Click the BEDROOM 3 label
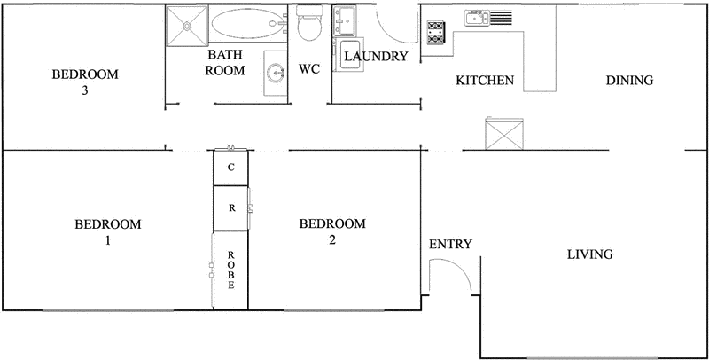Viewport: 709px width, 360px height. click(x=85, y=82)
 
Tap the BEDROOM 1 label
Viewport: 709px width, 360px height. click(x=107, y=231)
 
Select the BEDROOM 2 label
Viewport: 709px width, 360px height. click(x=332, y=231)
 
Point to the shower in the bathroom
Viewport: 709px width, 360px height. click(x=187, y=27)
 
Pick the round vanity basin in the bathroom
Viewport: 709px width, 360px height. click(x=276, y=74)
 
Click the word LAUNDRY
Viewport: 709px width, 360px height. click(x=376, y=58)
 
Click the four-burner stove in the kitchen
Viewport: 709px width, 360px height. click(x=435, y=33)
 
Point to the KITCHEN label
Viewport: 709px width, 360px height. click(x=485, y=81)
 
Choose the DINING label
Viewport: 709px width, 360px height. click(x=629, y=81)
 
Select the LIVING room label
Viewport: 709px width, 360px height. click(x=590, y=255)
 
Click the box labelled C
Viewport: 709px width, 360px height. click(x=231, y=167)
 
